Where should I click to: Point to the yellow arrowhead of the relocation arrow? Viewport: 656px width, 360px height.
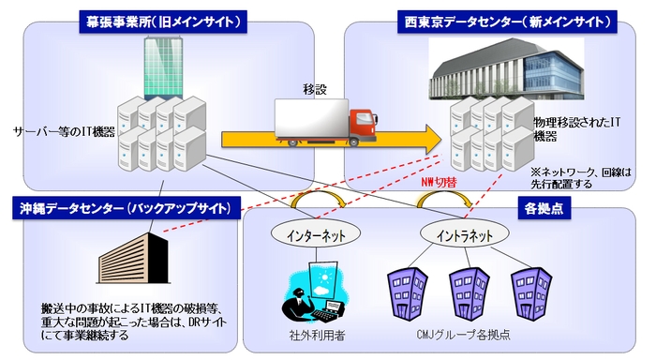click(428, 139)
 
